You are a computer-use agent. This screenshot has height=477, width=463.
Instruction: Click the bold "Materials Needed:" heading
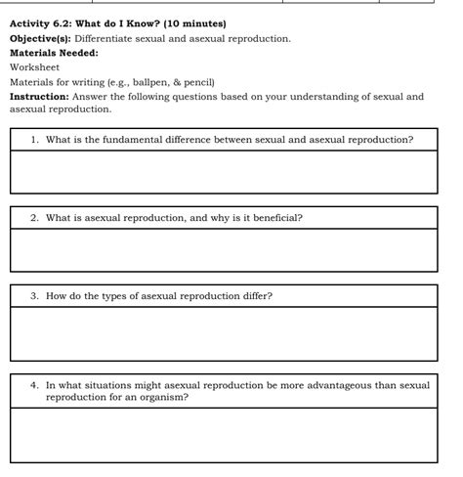(54, 53)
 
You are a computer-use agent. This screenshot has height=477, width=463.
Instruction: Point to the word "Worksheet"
(34, 67)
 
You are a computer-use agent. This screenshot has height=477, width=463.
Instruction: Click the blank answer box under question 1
(224, 172)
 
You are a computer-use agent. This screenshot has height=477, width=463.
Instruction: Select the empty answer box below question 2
(224, 250)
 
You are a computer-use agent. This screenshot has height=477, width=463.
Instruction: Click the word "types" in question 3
(122, 296)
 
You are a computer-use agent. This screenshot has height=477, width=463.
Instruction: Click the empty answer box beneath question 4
(224, 434)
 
